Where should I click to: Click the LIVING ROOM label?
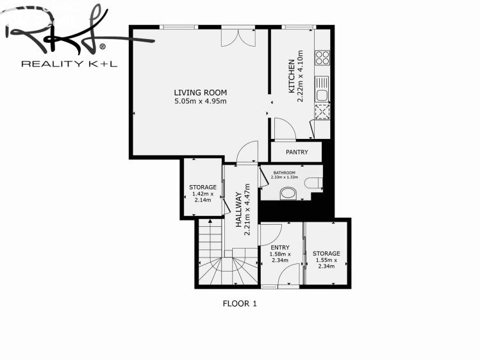tap(201, 92)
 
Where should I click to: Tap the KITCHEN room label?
tap(292, 76)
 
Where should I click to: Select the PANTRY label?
tap(297, 152)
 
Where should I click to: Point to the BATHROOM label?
tap(285, 173)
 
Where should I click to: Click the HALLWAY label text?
tap(239, 209)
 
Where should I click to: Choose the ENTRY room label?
tap(280, 247)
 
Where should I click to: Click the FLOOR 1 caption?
tap(240, 304)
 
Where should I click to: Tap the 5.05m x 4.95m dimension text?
tap(201, 101)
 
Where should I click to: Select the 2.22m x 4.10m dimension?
tap(301, 76)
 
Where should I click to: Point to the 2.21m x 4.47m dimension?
tap(247, 209)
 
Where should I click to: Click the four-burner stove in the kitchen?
tap(322, 58)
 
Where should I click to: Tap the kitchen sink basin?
tap(322, 95)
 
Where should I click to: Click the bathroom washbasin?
tap(288, 193)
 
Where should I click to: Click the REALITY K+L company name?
tap(69, 63)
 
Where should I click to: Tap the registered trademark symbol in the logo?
tap(103, 47)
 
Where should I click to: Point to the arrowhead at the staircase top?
tap(210, 221)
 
